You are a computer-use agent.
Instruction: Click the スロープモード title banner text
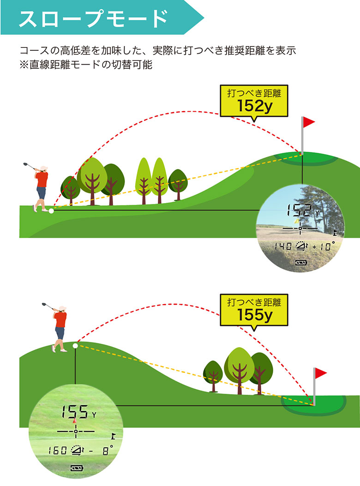click(x=93, y=18)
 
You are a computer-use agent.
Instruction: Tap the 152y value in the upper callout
click(x=254, y=106)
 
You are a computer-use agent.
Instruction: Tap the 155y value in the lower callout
click(x=254, y=315)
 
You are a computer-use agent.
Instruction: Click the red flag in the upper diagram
click(x=308, y=122)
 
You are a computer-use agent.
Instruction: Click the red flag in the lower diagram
click(x=321, y=373)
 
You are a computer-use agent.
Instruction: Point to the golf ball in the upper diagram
click(x=51, y=211)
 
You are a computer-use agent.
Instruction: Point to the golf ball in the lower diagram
click(x=75, y=346)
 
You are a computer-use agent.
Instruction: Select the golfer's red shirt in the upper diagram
click(x=42, y=179)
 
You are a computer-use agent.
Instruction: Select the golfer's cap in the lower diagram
click(x=63, y=308)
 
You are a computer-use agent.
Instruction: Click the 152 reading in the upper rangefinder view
click(x=299, y=210)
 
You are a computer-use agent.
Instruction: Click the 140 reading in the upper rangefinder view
click(x=283, y=246)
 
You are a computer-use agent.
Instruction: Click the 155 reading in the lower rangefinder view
click(x=75, y=412)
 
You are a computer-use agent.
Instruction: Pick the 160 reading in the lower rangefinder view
click(x=58, y=450)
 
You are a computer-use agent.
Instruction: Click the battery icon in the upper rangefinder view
click(x=301, y=263)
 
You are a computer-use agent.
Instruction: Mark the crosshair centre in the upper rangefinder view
click(x=300, y=228)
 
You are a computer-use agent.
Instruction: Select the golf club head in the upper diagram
click(x=25, y=164)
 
